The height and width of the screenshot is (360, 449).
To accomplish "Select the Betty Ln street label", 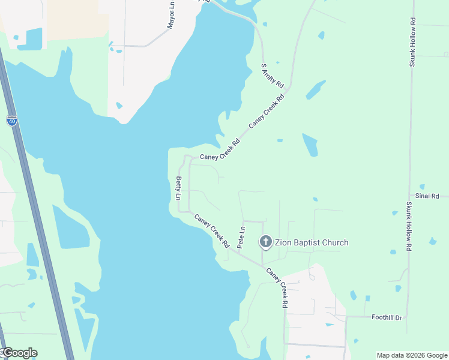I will click(178, 188).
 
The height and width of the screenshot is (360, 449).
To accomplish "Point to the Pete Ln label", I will click(241, 238).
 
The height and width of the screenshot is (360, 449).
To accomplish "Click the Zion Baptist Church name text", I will click(312, 242).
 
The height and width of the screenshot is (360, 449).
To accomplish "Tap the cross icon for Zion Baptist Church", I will click(265, 242).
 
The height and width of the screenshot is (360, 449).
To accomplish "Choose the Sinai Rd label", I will click(427, 196).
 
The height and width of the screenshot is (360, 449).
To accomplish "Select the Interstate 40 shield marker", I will click(12, 121).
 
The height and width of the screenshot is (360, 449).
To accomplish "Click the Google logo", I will click(20, 353).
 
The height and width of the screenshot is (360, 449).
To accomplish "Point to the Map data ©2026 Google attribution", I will click(412, 355).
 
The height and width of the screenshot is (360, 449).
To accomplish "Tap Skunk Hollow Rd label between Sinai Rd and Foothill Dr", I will click(409, 226).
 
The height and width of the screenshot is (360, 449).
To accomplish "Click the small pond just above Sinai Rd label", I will click(423, 187).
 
